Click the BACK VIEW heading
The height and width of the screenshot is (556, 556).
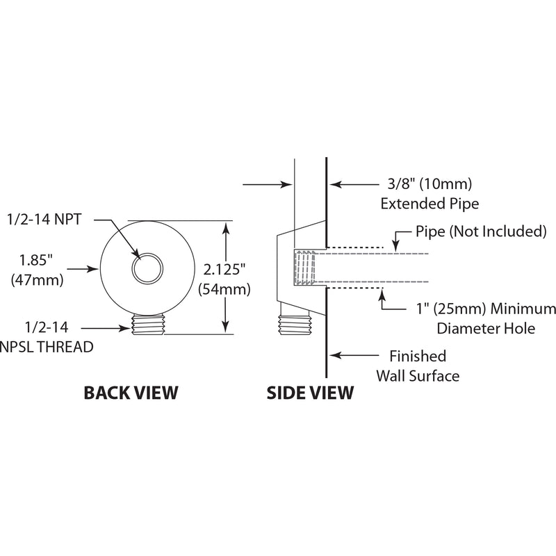131,393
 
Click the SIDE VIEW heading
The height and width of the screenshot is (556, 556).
310,393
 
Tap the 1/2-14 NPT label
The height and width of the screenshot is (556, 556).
44,220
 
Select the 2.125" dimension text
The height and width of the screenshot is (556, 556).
224,270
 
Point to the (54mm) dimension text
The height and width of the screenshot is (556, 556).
224,289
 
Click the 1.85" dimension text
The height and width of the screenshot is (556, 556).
36,260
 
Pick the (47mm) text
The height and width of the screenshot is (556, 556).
38,280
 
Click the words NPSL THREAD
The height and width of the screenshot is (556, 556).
47,347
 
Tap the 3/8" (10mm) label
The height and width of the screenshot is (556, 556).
430,184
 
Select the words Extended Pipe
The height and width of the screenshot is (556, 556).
430,204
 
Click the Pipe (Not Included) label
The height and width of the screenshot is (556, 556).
481,231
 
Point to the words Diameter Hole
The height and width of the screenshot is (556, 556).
486,328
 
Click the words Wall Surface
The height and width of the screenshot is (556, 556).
418,376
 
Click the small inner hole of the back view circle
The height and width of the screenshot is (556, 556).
147,268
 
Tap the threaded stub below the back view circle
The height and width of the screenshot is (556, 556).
148,324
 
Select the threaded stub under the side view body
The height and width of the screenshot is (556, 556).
295,324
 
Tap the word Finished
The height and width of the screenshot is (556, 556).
418,356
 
